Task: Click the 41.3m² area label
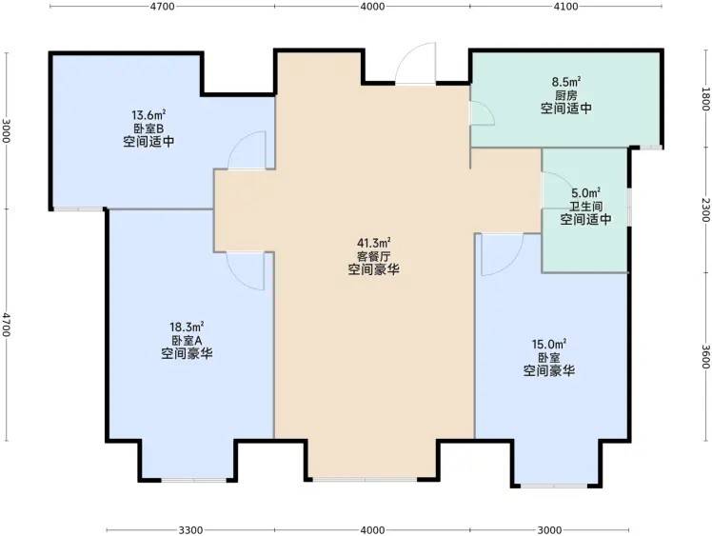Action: [374, 243]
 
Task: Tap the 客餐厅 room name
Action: [374, 256]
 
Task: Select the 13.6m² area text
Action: [148, 114]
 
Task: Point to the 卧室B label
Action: [148, 129]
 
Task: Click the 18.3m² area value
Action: [187, 327]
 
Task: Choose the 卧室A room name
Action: [187, 340]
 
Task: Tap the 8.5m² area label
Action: [566, 82]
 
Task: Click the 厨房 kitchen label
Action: [566, 95]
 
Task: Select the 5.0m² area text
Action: [585, 193]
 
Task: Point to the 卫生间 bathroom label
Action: [585, 207]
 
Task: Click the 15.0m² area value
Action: [549, 344]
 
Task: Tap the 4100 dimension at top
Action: [565, 7]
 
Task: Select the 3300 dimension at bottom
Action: [190, 530]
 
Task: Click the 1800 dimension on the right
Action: [705, 99]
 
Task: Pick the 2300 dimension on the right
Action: [705, 209]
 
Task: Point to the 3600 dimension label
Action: [705, 357]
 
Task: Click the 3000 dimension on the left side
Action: [6, 130]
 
